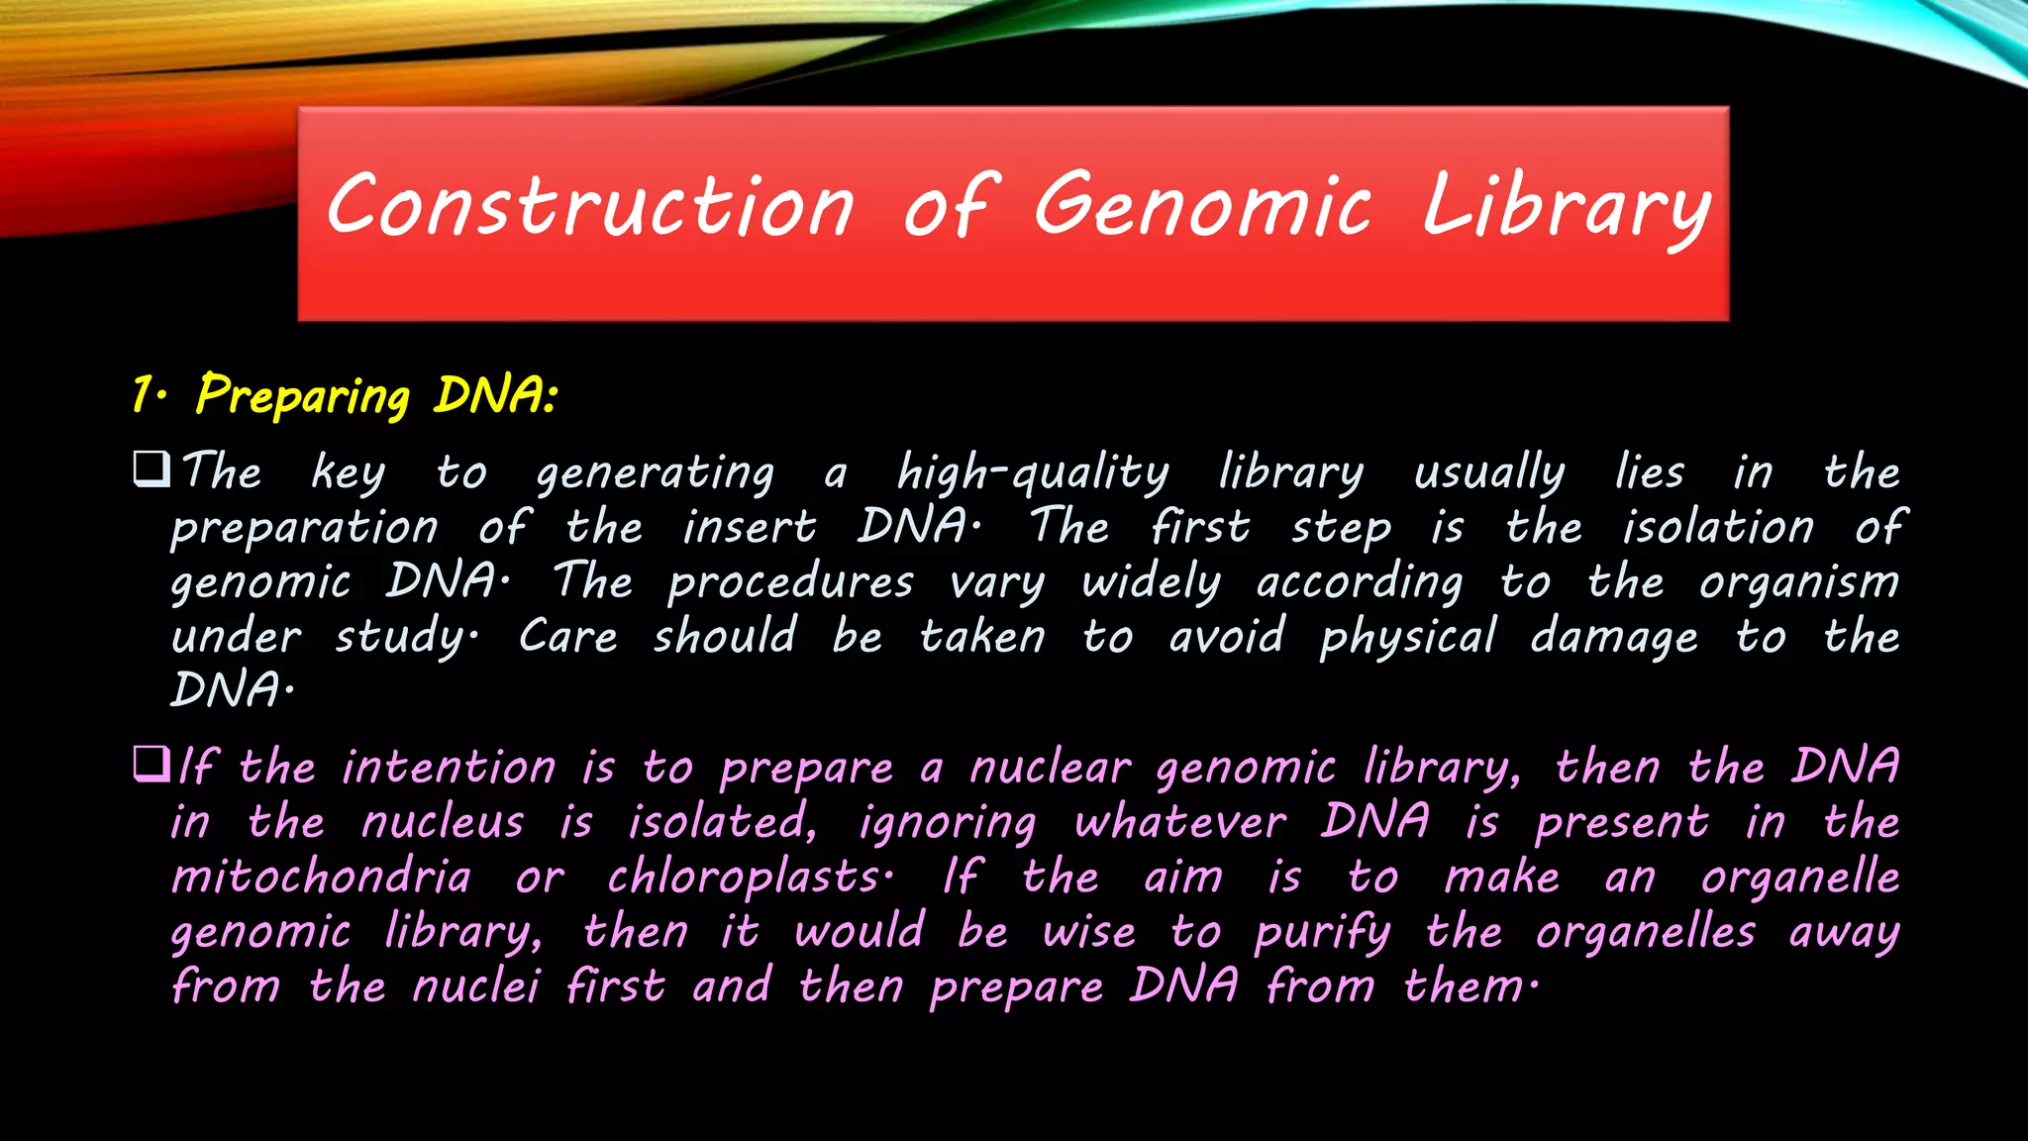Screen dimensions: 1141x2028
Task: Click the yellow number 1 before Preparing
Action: point(142,394)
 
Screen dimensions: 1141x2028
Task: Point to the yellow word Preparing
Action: point(302,396)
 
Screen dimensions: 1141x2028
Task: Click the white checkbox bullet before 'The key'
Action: point(152,468)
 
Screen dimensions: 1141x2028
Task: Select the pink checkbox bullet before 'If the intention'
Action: point(152,764)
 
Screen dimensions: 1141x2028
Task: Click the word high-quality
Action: point(1032,473)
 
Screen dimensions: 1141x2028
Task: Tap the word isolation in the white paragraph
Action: point(1717,526)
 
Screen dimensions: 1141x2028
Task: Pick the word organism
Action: point(1799,582)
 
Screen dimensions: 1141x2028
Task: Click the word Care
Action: point(568,636)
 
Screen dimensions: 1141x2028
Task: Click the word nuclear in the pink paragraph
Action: point(1049,769)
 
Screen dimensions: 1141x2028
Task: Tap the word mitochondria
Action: point(321,878)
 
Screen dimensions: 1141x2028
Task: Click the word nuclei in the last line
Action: point(475,986)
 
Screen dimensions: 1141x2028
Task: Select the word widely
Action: point(1151,582)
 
